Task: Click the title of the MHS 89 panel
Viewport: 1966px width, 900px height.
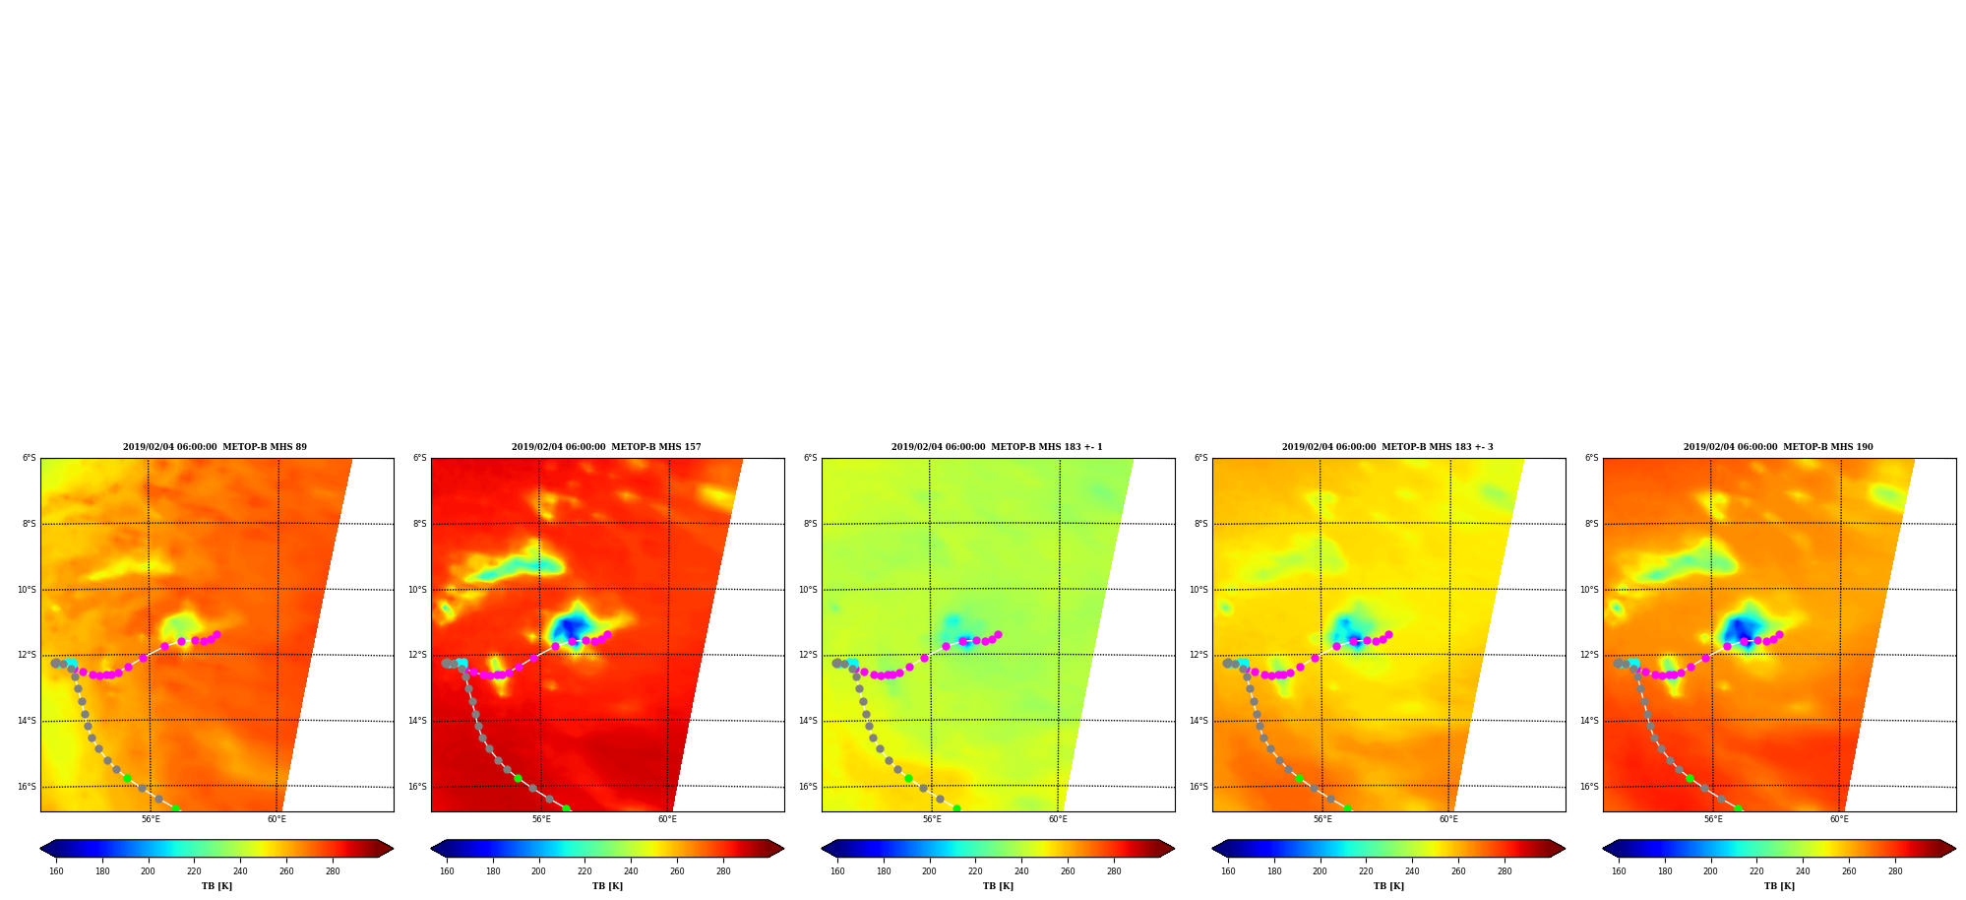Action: [x=215, y=447]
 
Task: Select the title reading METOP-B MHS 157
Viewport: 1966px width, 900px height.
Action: [x=606, y=447]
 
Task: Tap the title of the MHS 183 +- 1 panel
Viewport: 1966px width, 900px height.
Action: [x=997, y=447]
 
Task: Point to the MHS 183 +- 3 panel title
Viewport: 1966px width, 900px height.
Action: [x=1387, y=447]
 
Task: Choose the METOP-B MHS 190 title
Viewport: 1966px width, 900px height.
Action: [x=1778, y=447]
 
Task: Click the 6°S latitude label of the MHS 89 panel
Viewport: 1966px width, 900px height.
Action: [x=30, y=459]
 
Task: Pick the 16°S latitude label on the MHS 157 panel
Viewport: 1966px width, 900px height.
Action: [x=417, y=787]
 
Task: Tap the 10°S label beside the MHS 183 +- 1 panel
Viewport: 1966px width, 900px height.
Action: [x=808, y=590]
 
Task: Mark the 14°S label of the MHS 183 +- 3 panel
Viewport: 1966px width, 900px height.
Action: [x=1198, y=721]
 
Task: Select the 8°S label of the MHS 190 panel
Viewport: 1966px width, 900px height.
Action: [x=1592, y=524]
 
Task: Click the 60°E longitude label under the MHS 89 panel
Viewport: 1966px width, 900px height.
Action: [x=277, y=819]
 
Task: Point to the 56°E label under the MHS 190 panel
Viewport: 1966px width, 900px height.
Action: [x=1713, y=819]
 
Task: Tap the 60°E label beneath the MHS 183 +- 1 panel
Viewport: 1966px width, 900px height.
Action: [x=1058, y=819]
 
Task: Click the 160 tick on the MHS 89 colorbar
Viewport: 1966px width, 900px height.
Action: [x=56, y=871]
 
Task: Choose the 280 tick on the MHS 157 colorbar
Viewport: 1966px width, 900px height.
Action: [x=723, y=871]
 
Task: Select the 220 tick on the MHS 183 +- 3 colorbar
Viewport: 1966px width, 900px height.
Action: [x=1366, y=871]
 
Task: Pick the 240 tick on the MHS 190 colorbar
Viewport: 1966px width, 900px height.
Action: [x=1803, y=871]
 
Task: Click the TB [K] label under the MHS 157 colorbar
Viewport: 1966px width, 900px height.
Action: [x=607, y=886]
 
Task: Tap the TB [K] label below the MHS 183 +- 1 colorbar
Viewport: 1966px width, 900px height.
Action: [x=998, y=886]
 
